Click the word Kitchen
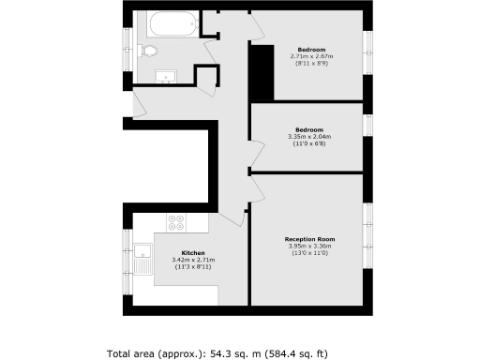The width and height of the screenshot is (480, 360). pos(193,253)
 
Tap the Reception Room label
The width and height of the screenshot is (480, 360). pos(310,239)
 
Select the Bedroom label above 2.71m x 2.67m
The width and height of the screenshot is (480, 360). pos(311,49)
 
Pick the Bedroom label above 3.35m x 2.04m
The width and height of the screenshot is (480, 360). pos(309,129)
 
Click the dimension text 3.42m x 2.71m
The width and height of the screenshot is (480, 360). pos(194,261)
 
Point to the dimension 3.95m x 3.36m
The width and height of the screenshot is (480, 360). pos(310,247)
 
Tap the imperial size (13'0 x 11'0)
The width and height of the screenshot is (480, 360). pos(310,254)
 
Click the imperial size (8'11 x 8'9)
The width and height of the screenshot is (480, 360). pos(311,64)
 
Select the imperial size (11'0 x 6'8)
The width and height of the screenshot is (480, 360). pos(309,144)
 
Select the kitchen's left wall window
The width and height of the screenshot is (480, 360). pos(127,253)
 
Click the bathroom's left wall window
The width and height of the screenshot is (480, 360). pos(127,47)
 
